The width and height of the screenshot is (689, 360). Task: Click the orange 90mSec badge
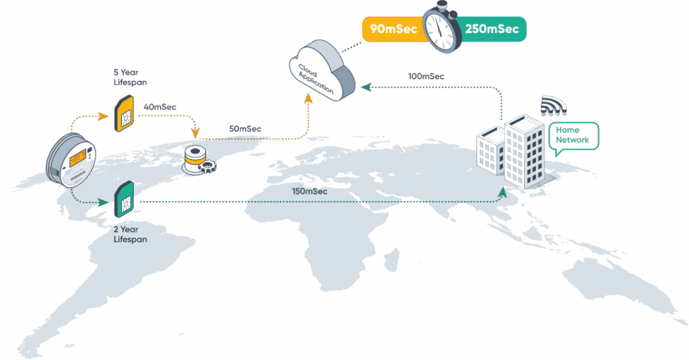click(394, 29)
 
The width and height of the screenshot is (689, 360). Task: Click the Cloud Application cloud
click(321, 69)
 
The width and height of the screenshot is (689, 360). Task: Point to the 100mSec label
click(426, 76)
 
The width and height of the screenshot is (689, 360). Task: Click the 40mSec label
click(159, 106)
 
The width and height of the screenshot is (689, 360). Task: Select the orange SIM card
click(124, 113)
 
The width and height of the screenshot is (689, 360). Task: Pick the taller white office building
click(525, 151)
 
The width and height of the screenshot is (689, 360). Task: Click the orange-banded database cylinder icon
click(194, 157)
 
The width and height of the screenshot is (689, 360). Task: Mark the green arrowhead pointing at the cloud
click(364, 87)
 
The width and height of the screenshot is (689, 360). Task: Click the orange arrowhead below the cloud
click(310, 98)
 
